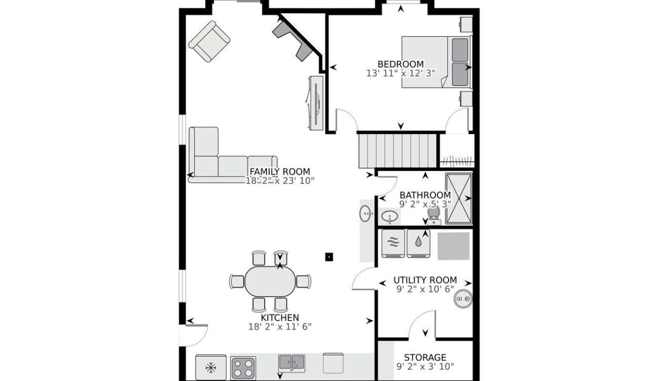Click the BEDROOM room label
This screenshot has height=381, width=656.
pyautogui.click(x=400, y=64)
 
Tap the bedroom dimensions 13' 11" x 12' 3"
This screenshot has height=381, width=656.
pyautogui.click(x=400, y=73)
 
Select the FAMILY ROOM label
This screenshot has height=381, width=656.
pyautogui.click(x=280, y=171)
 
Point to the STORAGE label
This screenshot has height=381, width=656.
pyautogui.click(x=425, y=357)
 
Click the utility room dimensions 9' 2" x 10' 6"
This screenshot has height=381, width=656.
pyautogui.click(x=425, y=289)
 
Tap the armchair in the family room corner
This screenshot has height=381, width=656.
pyautogui.click(x=209, y=41)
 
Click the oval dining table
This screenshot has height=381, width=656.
pyautogui.click(x=270, y=282)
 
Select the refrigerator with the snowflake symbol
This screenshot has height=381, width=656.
pyautogui.click(x=211, y=368)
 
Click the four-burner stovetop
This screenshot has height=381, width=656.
pyautogui.click(x=243, y=368)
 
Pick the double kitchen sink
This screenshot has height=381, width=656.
pyautogui.click(x=291, y=363)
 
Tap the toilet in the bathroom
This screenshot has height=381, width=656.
pyautogui.click(x=434, y=215)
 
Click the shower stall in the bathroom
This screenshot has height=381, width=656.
pyautogui.click(x=459, y=198)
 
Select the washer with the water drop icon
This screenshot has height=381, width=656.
pyautogui.click(x=418, y=243)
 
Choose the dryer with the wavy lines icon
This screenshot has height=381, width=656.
pyautogui.click(x=393, y=243)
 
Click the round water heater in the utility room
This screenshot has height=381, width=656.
pyautogui.click(x=463, y=298)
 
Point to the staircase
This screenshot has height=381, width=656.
pyautogui.click(x=398, y=150)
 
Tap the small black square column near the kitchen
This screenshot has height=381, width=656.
pyautogui.click(x=329, y=257)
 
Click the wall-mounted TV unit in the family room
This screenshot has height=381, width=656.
pyautogui.click(x=316, y=103)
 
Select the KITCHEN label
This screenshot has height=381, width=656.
pyautogui.click(x=280, y=317)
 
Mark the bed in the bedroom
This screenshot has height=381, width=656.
pyautogui.click(x=436, y=62)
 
